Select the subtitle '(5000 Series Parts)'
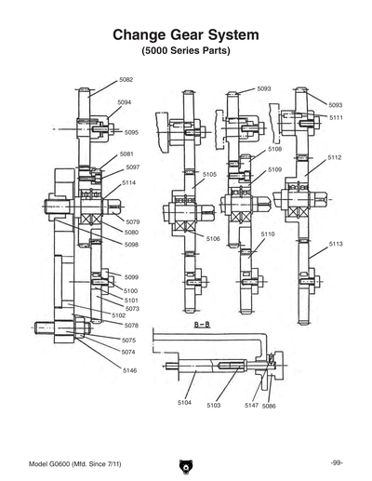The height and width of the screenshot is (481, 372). (185, 49)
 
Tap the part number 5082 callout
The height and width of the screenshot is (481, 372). (126, 81)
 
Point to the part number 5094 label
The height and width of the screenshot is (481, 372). (124, 101)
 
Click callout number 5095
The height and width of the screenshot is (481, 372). (131, 132)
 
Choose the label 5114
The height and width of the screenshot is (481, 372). (129, 183)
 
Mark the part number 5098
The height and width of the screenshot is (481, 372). (131, 244)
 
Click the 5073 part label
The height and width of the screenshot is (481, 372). (132, 308)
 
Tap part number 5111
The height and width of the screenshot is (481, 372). (336, 118)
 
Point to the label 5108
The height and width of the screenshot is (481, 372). (275, 149)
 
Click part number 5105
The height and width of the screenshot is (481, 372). (210, 174)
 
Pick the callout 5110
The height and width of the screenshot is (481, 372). (268, 234)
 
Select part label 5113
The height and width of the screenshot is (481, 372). (336, 244)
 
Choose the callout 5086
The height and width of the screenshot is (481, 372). (269, 407)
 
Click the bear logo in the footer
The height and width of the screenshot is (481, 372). (185, 462)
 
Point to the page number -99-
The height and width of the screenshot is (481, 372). (338, 462)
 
